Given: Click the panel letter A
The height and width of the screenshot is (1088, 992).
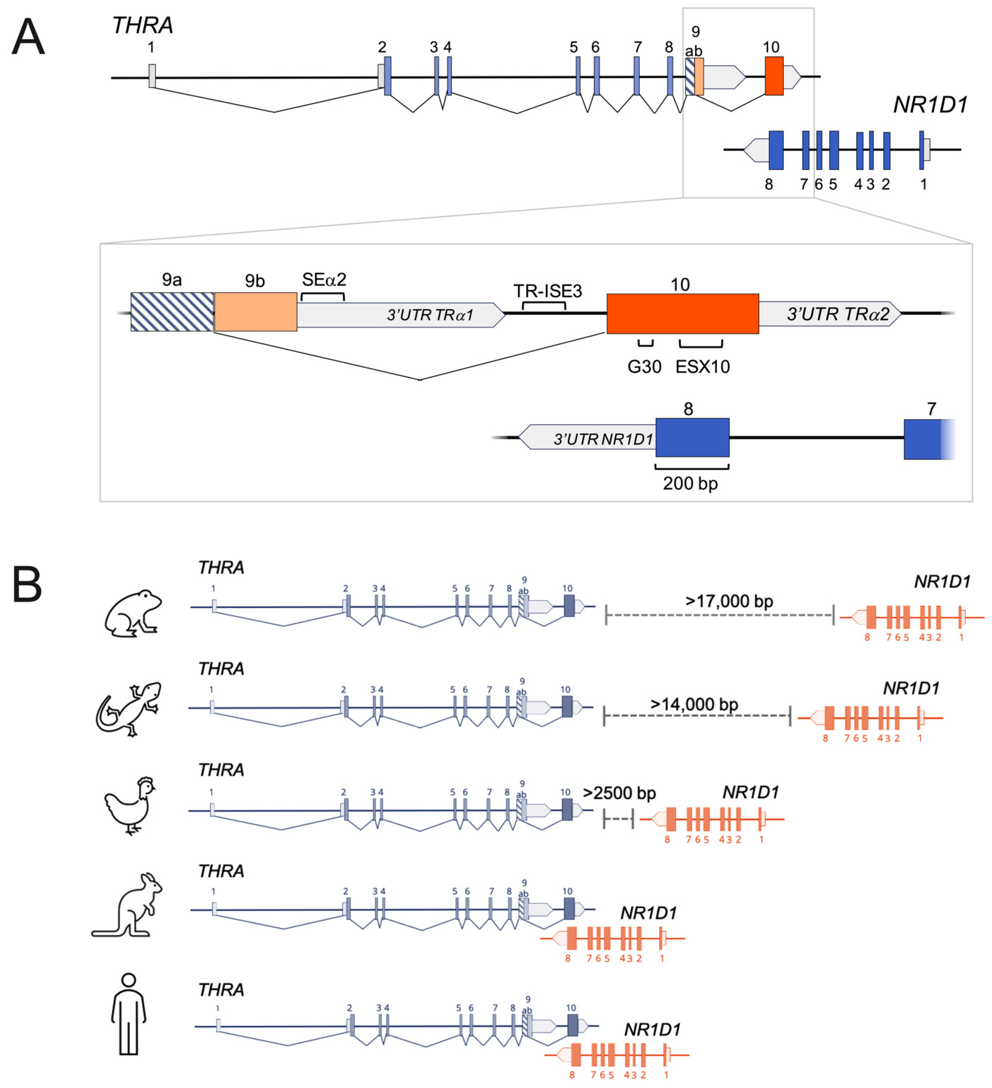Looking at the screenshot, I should click(x=28, y=37).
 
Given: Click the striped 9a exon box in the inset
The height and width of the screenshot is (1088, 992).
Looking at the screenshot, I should click(x=172, y=312).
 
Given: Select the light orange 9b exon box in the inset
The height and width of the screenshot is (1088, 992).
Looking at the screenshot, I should click(x=255, y=312).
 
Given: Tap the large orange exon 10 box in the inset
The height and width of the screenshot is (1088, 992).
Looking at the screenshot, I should click(x=682, y=314).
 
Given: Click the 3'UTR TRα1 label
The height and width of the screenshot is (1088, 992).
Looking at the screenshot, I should click(x=430, y=315).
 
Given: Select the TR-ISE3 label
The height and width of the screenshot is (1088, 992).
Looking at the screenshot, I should click(x=548, y=291).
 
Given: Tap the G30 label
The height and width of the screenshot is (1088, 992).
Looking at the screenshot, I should click(x=644, y=367).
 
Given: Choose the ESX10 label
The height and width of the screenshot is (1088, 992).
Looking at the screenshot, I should click(x=702, y=367).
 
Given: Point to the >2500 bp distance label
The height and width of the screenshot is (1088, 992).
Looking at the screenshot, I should click(x=619, y=793).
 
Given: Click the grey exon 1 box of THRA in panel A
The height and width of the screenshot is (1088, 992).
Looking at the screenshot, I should click(x=152, y=76).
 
